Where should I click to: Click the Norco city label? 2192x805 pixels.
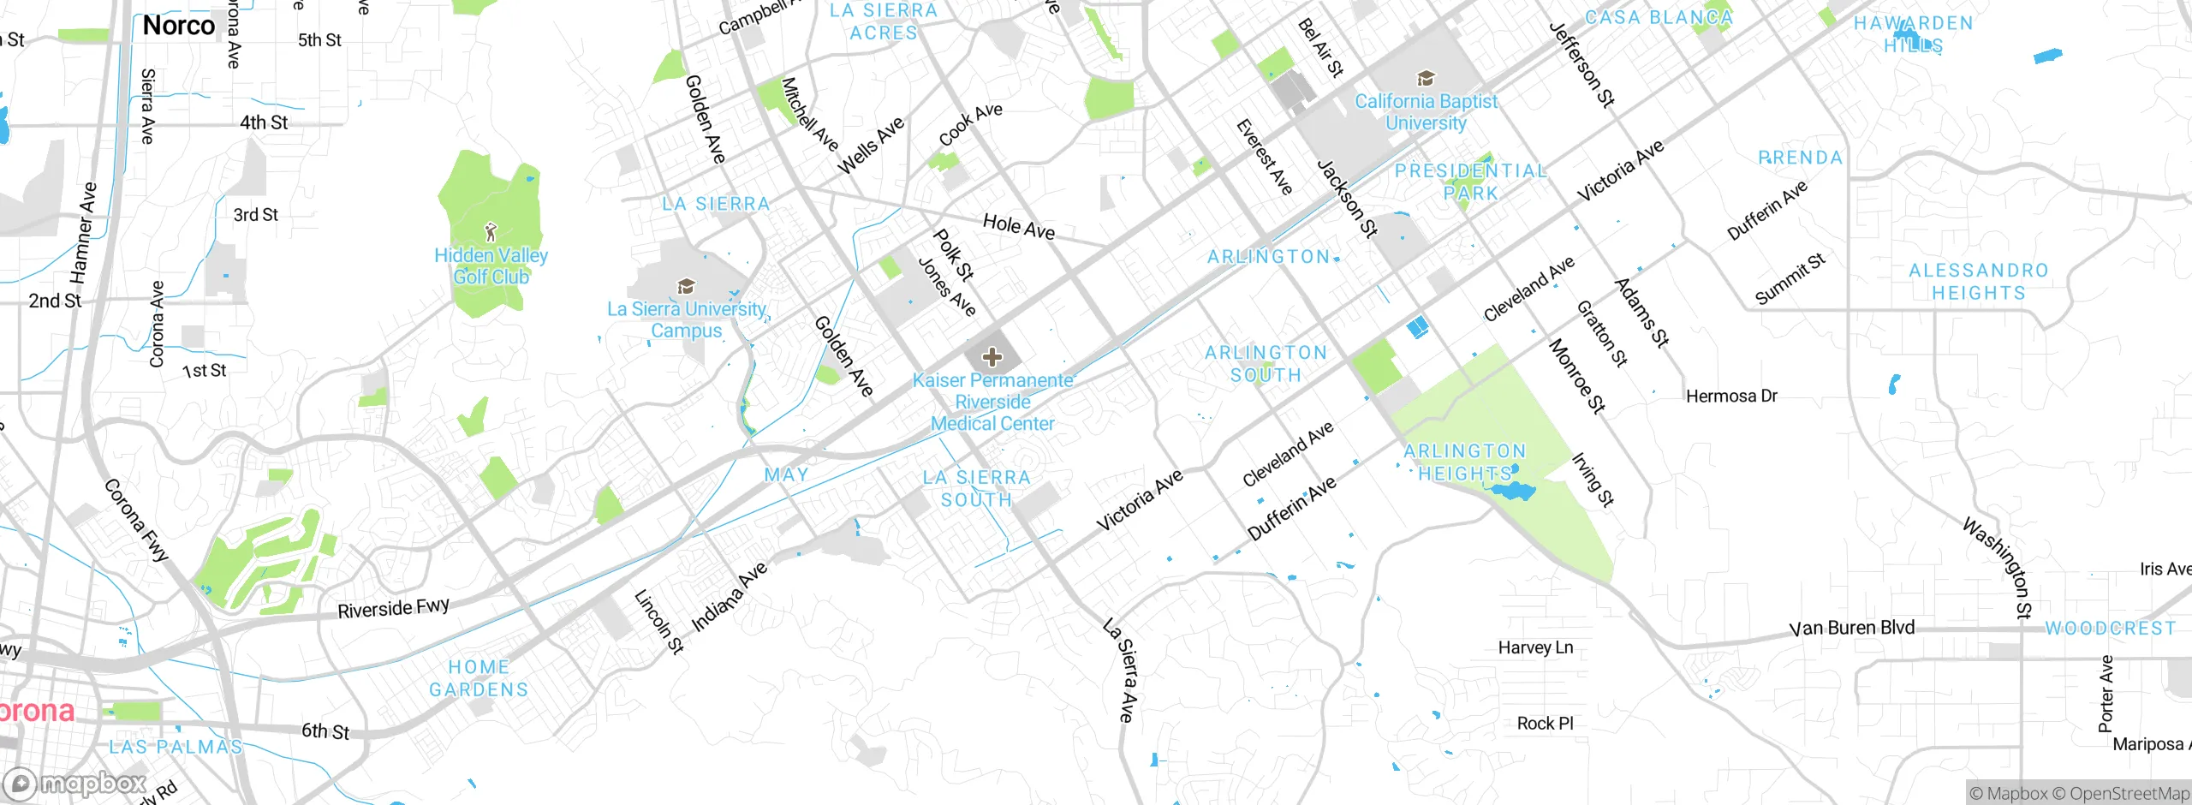[x=179, y=26]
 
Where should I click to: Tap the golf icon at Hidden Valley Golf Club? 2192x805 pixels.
[x=491, y=231]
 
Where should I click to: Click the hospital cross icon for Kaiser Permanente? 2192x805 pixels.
[x=992, y=357]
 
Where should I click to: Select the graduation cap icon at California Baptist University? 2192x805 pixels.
[x=1426, y=79]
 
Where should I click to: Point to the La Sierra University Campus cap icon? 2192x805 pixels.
[x=685, y=286]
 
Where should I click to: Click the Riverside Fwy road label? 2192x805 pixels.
[x=393, y=608]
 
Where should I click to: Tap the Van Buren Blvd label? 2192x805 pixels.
[x=1852, y=628]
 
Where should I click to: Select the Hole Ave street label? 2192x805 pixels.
[x=1018, y=227]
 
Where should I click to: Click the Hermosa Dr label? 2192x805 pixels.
[x=1731, y=396]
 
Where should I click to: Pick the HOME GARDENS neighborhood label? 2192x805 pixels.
[x=479, y=678]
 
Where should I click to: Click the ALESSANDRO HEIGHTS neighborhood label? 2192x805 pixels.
[x=1978, y=282]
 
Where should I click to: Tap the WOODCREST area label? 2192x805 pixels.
[x=2110, y=629]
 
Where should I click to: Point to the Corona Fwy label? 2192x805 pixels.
[x=136, y=520]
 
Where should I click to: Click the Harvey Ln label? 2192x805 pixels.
[x=1535, y=647]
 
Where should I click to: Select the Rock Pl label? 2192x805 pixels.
[x=1545, y=723]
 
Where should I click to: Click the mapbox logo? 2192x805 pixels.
[x=75, y=783]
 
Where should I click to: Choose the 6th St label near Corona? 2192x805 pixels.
[x=325, y=730]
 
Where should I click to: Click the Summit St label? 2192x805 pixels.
[x=1790, y=279]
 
